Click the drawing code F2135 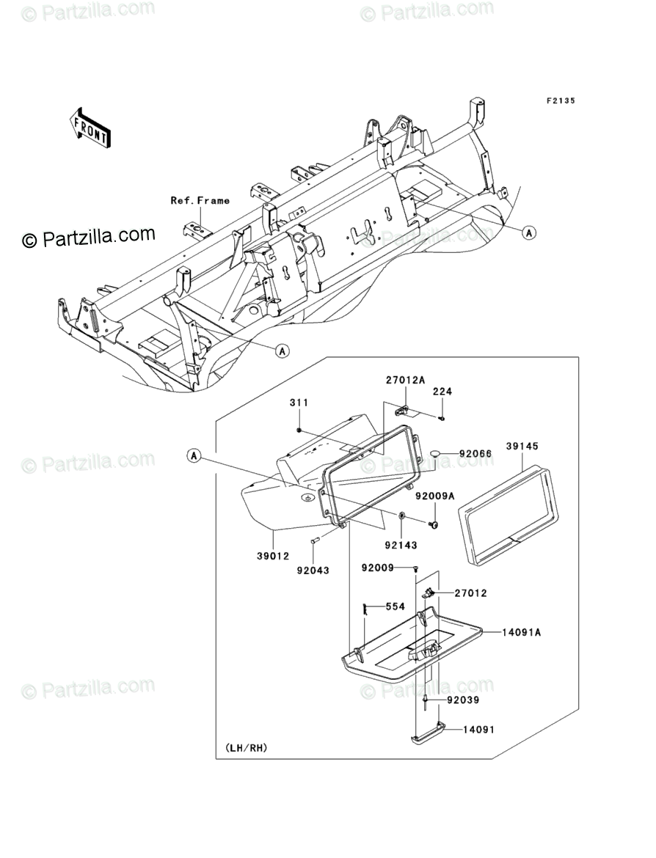[559, 100]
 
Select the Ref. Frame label [200, 200]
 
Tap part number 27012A [406, 380]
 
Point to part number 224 [442, 392]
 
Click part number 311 [299, 403]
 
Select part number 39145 [520, 446]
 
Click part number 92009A [435, 496]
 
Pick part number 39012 [271, 558]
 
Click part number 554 [396, 607]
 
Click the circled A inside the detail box [194, 456]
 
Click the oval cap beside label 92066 [436, 455]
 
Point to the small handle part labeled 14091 [428, 734]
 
